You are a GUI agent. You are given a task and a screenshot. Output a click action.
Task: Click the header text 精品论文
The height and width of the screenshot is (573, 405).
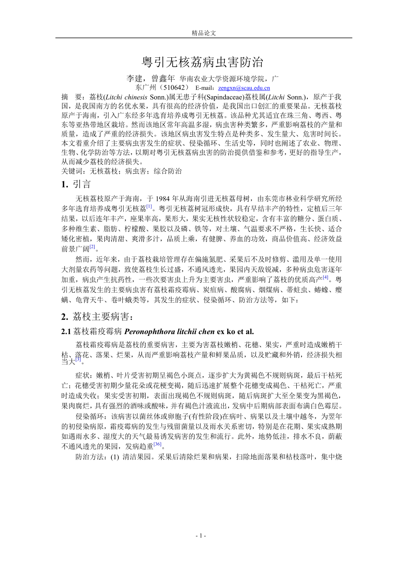pos(203,33)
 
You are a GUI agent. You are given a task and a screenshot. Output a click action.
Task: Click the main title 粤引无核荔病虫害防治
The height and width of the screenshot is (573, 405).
pos(202,62)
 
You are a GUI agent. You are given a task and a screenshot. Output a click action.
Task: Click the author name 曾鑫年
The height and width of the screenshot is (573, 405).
pos(162,79)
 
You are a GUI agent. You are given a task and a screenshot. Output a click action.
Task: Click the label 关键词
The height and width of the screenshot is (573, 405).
pos(71,171)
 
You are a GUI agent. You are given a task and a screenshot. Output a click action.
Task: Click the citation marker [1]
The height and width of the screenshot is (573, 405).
pos(150,206)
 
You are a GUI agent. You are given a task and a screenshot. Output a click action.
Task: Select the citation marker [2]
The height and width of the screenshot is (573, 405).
pos(92,247)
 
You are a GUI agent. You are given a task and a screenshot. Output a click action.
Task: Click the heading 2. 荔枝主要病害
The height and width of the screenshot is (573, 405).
pos(96,316)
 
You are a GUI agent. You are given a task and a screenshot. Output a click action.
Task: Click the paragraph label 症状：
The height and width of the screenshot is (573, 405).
pos(85,376)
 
